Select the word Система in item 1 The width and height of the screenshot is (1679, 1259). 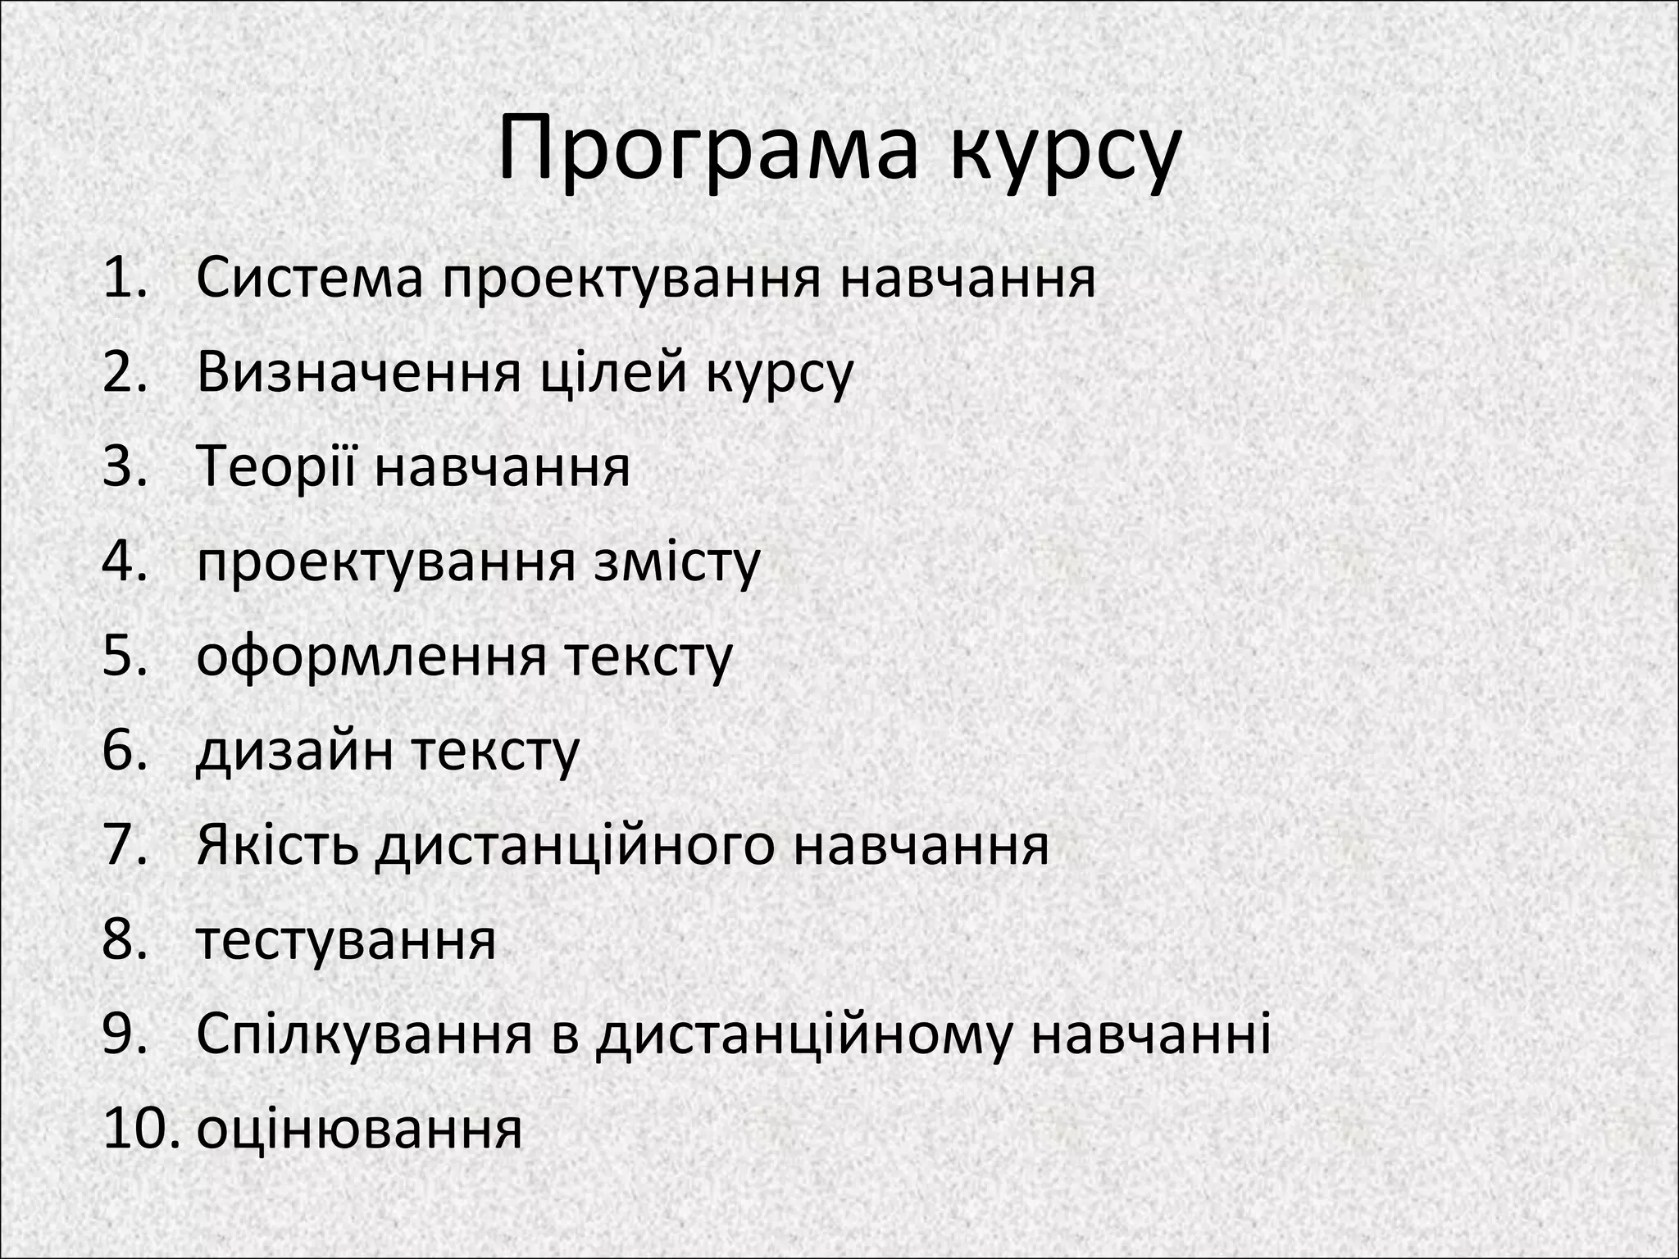[x=311, y=279]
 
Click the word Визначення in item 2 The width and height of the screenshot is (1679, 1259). [x=359, y=373]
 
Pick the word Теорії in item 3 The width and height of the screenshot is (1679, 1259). [x=277, y=467]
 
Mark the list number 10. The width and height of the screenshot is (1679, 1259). [x=139, y=1129]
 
